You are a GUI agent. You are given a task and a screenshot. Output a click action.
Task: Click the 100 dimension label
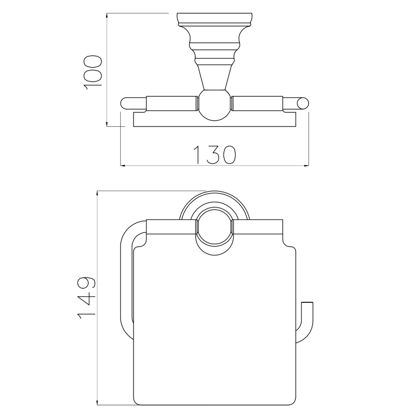[93, 71]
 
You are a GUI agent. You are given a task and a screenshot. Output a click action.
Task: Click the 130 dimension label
[215, 155]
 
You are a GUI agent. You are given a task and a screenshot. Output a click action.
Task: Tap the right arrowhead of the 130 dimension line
[306, 166]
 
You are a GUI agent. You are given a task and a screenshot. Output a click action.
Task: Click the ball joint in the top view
[214, 105]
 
